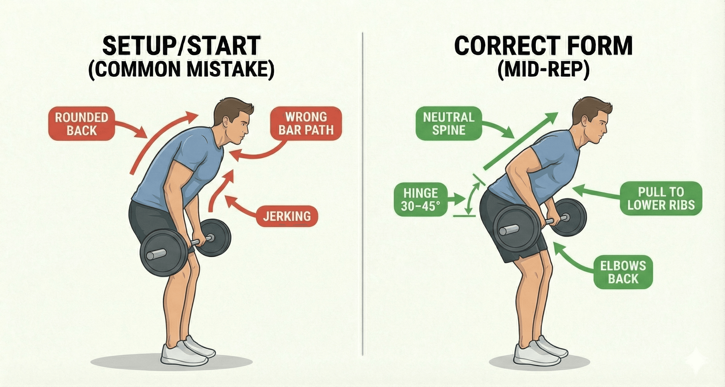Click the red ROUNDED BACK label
[81, 124]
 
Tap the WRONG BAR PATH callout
[306, 124]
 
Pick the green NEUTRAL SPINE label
[449, 124]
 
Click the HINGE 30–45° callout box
[420, 199]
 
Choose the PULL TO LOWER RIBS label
[661, 199]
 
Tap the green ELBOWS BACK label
[623, 272]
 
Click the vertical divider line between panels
[363, 197]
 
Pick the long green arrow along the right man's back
[521, 141]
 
